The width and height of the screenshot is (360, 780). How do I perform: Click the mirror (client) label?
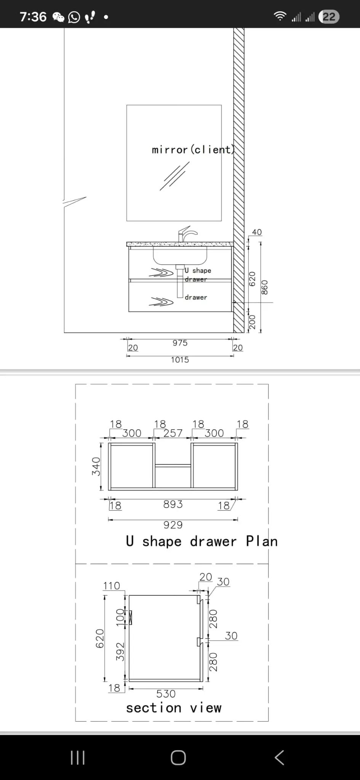(193, 149)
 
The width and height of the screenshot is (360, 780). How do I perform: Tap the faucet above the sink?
(187, 234)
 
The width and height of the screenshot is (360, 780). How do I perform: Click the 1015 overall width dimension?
(180, 360)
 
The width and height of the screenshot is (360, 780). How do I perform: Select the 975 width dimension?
(180, 343)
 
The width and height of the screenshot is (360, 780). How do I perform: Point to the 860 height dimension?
(265, 287)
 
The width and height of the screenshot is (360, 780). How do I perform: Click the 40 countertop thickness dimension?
(257, 232)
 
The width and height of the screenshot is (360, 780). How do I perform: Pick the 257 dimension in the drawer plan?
(173, 433)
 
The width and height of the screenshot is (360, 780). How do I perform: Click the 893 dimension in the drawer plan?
(173, 504)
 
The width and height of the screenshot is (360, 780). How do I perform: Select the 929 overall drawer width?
(173, 525)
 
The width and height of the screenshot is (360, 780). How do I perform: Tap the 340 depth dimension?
(96, 466)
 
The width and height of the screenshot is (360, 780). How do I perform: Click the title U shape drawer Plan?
(202, 541)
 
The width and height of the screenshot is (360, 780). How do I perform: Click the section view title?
(174, 708)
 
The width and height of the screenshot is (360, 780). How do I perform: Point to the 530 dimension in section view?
(166, 694)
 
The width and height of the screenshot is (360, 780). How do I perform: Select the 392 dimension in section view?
(120, 652)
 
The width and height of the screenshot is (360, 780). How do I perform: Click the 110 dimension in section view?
(111, 586)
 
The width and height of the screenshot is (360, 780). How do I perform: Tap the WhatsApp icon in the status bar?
(74, 17)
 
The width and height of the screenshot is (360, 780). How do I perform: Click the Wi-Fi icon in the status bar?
(280, 16)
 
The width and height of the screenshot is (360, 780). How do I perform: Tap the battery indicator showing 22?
(329, 17)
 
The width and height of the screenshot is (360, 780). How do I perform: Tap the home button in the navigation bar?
(178, 758)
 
